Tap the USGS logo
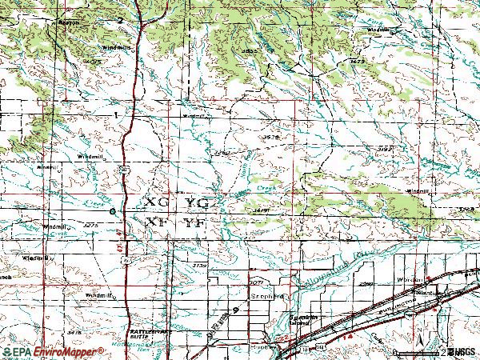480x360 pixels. point(462,352)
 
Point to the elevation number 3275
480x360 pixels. point(90,226)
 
